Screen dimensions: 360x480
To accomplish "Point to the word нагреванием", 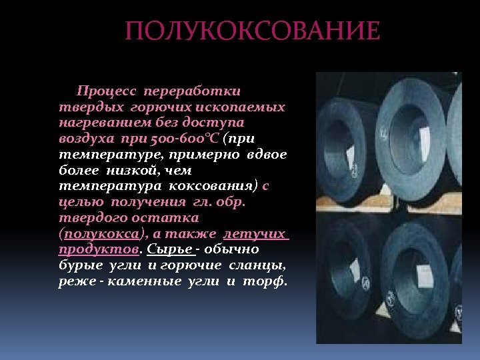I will pyautogui.click(x=101, y=123).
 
